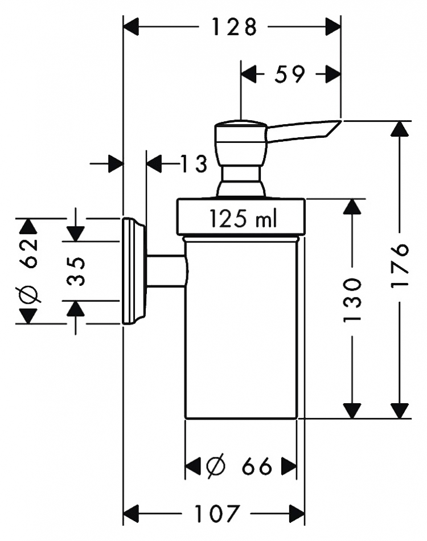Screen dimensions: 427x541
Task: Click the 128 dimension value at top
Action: [234, 27]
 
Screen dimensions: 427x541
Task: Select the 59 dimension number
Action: [290, 74]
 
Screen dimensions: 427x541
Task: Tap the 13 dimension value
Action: [194, 163]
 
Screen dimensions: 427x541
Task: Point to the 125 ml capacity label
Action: [243, 219]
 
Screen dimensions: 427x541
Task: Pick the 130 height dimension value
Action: [352, 300]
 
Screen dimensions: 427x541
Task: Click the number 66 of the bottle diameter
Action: [257, 467]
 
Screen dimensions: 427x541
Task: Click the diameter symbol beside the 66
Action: [216, 467]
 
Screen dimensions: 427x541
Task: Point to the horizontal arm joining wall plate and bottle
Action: [167, 271]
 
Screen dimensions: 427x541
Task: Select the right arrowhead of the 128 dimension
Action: [333, 27]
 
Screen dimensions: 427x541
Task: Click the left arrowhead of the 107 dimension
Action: [131, 514]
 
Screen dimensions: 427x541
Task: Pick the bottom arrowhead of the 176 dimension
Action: [400, 411]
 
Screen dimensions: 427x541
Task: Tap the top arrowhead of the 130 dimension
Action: [352, 207]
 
